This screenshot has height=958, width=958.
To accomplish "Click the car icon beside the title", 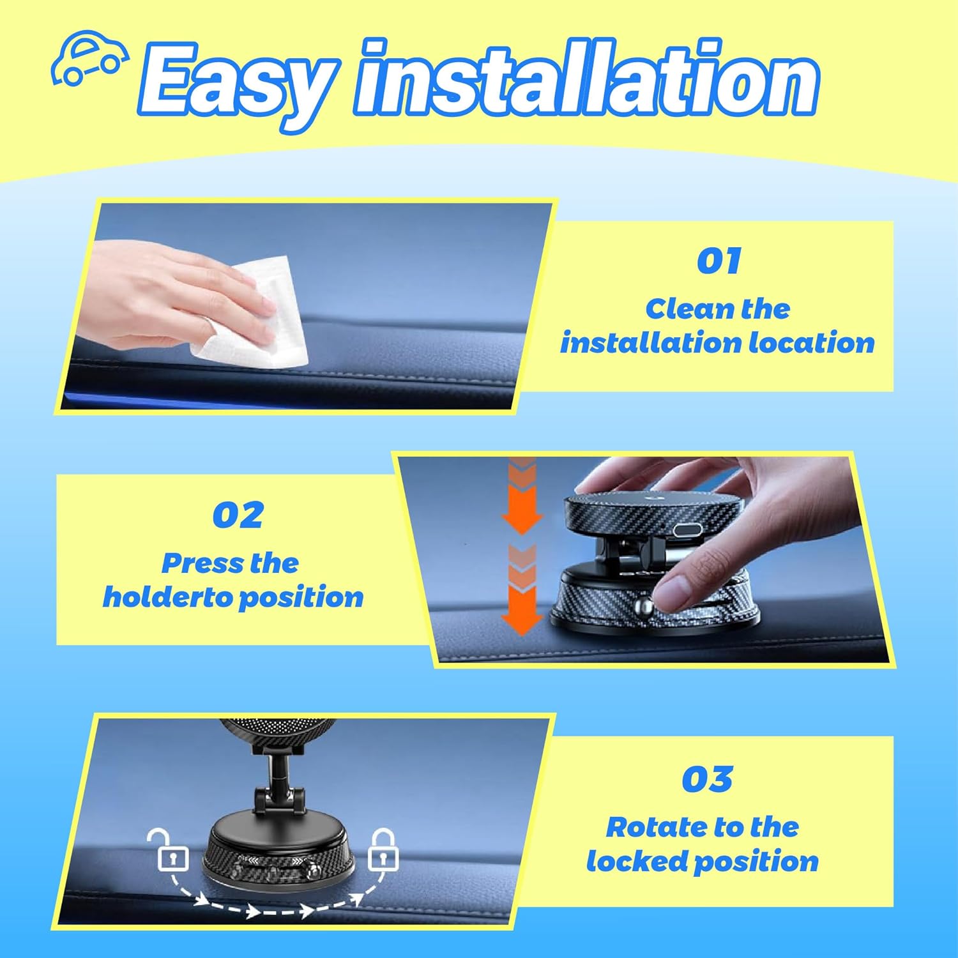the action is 89,57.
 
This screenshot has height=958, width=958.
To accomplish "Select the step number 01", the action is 718,261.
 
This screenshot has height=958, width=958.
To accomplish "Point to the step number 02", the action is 238,515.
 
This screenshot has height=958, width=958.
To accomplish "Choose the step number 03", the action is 706,779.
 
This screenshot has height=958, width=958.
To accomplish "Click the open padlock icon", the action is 172,849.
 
